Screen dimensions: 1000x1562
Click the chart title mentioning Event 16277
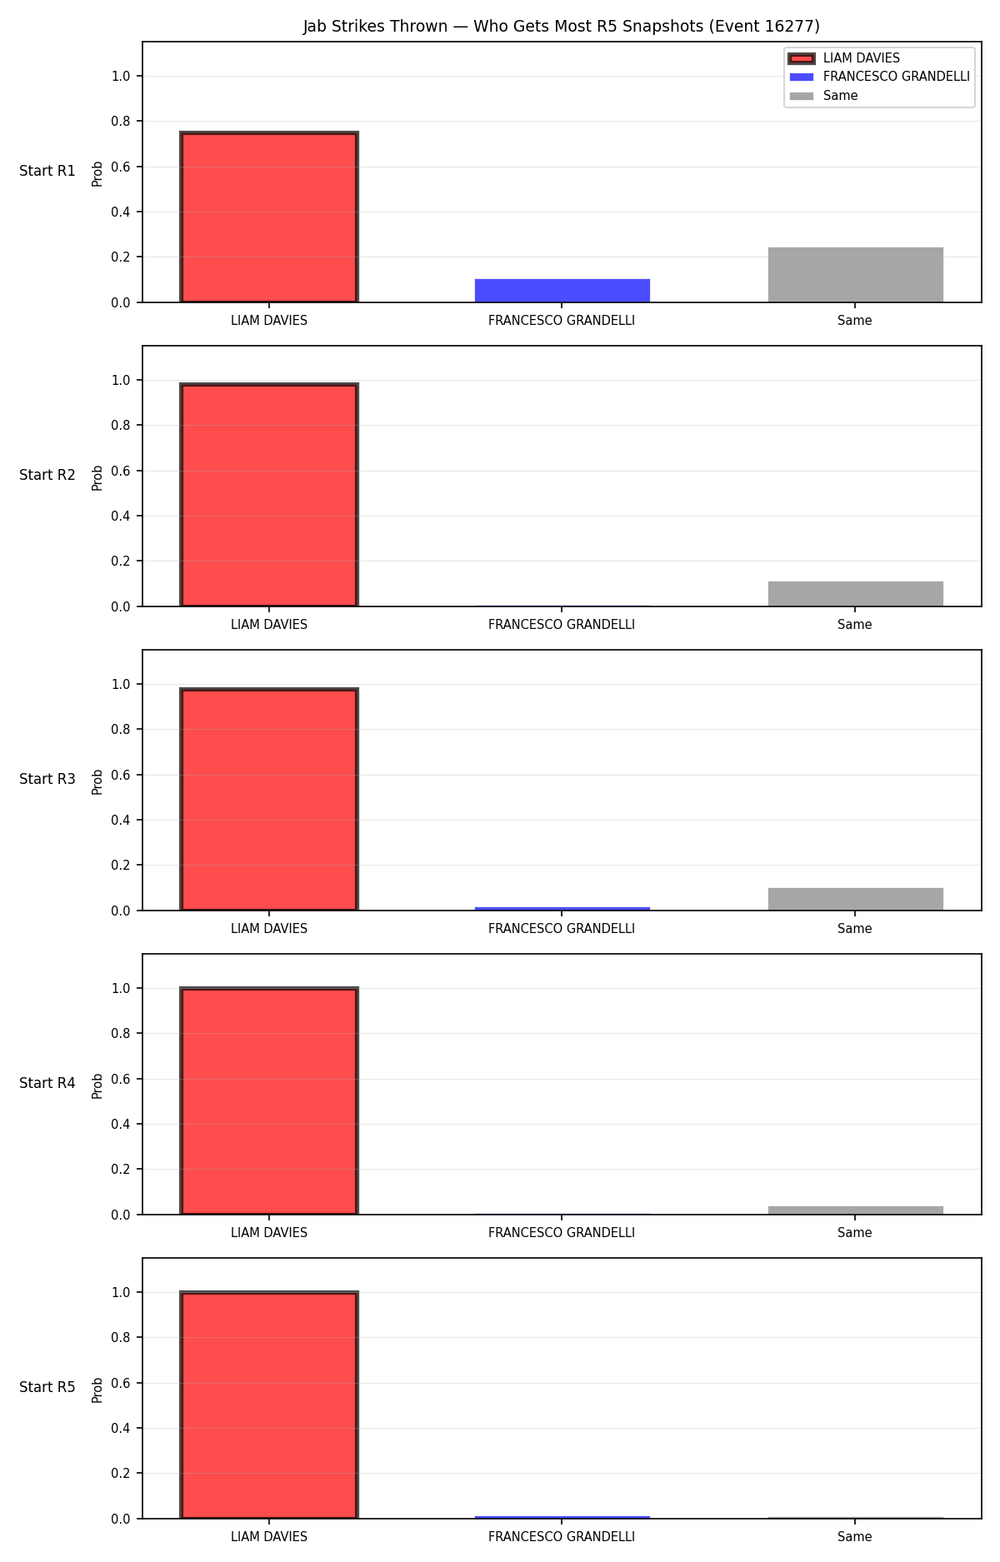(561, 27)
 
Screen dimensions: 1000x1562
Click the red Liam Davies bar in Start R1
(269, 217)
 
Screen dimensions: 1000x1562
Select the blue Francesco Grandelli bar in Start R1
(562, 291)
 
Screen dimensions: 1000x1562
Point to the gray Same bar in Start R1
(856, 275)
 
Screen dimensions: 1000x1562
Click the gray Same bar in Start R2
(856, 594)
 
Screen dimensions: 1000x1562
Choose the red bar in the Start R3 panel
(269, 800)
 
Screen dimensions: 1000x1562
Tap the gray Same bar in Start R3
(856, 899)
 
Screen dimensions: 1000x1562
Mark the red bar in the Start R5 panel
(269, 1405)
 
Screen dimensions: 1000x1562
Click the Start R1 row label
(47, 171)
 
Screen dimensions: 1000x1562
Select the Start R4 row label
(47, 1083)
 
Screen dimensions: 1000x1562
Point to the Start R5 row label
(47, 1387)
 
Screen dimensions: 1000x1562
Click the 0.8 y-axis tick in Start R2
(121, 426)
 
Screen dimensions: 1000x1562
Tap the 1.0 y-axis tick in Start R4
(121, 989)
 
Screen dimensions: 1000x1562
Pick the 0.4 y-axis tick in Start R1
(121, 212)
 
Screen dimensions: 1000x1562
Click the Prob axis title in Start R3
(97, 781)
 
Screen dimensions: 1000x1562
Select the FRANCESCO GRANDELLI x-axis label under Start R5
(562, 1537)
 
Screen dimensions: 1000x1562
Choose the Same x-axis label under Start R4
(855, 1233)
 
